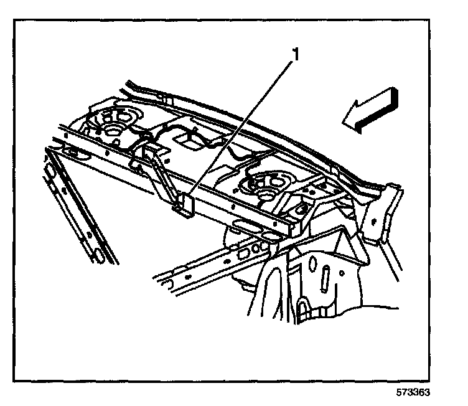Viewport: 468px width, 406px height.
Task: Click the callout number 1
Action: pos(295,55)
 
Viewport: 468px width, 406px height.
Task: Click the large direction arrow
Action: pos(371,111)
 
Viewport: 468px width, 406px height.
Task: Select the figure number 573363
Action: pos(413,394)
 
